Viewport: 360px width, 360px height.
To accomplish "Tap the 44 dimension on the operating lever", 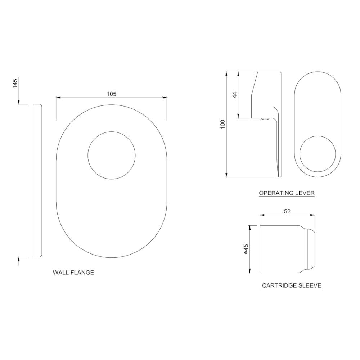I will point(234,95).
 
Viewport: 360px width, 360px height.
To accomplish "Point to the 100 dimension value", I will point(222,125).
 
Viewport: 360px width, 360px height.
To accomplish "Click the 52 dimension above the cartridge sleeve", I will point(287,211).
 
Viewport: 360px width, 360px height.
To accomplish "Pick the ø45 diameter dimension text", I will point(246,249).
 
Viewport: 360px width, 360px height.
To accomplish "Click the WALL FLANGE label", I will point(73,273).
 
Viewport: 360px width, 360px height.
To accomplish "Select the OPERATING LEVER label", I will point(287,193).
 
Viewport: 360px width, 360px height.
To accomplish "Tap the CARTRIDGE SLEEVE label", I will point(291,286).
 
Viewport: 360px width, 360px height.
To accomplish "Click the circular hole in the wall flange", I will point(112,155).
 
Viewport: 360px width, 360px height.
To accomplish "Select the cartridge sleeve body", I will point(278,249).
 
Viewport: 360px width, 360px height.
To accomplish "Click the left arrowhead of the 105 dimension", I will point(58,98).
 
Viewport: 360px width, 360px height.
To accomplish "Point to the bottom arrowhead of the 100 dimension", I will point(226,175).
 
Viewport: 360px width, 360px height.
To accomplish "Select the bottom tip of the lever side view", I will point(279,176).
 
